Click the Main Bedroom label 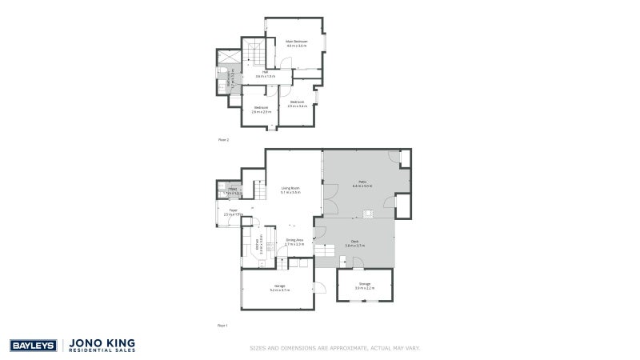[297, 42]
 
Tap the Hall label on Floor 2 [263, 74]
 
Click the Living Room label [290, 190]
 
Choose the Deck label [354, 243]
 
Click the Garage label [280, 287]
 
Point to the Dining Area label [294, 242]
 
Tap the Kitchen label [257, 245]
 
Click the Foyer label [233, 212]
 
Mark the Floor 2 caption [224, 139]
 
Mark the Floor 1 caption [223, 326]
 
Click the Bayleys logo [32, 346]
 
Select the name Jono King [103, 342]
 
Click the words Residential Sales [103, 350]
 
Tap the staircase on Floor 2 [254, 54]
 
